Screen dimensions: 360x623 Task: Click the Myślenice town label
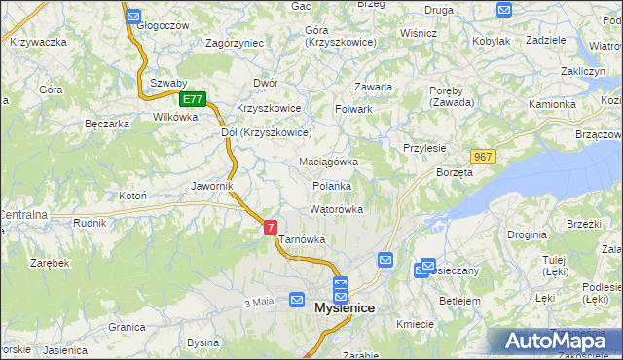pyautogui.click(x=345, y=308)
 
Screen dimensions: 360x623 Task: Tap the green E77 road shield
pyautogui.click(x=193, y=99)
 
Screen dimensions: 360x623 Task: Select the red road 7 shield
pyautogui.click(x=270, y=227)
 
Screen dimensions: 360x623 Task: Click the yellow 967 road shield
pyautogui.click(x=483, y=157)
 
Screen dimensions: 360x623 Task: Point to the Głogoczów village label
pyautogui.click(x=163, y=26)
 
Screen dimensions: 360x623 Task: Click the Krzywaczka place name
pyautogui.click(x=38, y=42)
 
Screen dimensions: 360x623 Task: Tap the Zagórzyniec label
pyautogui.click(x=235, y=44)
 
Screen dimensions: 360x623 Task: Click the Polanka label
pyautogui.click(x=332, y=186)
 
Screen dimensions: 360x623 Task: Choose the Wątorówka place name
pyautogui.click(x=336, y=209)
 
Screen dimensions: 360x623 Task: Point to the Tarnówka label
pyautogui.click(x=302, y=239)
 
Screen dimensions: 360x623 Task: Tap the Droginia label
pyautogui.click(x=527, y=235)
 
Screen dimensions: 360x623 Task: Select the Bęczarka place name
pyautogui.click(x=107, y=124)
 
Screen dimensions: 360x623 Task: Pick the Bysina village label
pyautogui.click(x=203, y=342)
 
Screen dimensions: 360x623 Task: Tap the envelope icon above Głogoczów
pyautogui.click(x=134, y=17)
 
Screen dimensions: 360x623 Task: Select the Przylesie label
pyautogui.click(x=424, y=148)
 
